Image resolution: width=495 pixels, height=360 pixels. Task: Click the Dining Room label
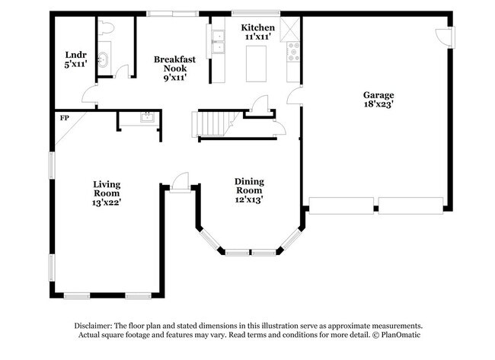coord(249,190)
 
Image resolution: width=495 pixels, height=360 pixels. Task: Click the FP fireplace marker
coord(64,118)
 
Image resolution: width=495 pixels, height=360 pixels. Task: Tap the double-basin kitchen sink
coord(219,43)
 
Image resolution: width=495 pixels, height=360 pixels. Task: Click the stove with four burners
coord(292,52)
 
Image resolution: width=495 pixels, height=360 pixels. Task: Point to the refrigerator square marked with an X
coord(291,29)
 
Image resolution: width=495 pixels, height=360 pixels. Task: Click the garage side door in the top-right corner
coord(441,35)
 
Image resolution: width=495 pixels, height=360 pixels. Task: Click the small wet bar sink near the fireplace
coord(146,118)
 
